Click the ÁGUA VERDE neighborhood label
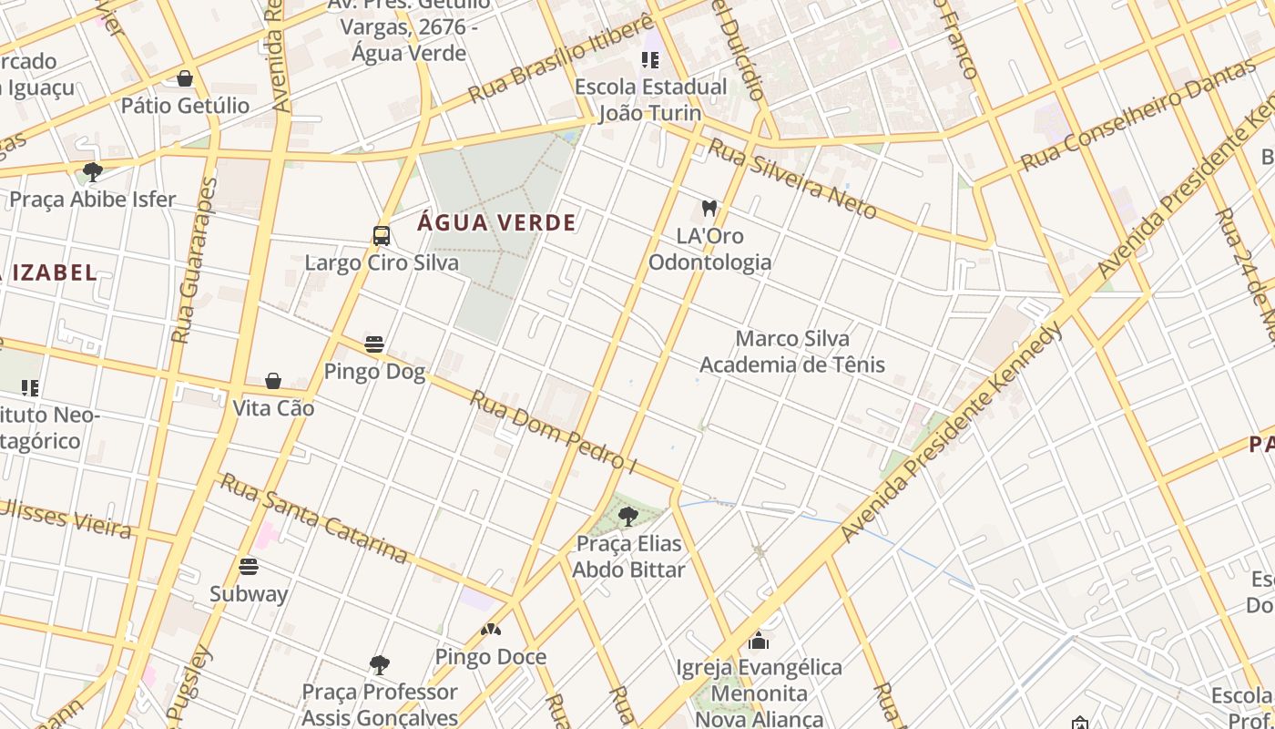click(497, 222)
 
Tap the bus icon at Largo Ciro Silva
click(382, 236)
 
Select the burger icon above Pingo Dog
click(374, 344)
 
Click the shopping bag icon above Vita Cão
click(273, 381)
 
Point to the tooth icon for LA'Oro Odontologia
click(709, 209)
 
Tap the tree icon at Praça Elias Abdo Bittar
click(627, 517)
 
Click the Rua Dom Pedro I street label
click(553, 431)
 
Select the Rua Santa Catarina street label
click(314, 518)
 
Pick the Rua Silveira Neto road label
click(792, 180)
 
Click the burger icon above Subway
click(249, 567)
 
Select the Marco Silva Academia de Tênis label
click(792, 352)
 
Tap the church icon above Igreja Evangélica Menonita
click(759, 641)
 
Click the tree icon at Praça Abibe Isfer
click(92, 171)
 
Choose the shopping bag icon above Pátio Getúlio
click(185, 78)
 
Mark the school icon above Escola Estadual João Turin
click(649, 60)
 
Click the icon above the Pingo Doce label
click(491, 630)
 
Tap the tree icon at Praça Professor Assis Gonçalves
click(380, 664)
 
